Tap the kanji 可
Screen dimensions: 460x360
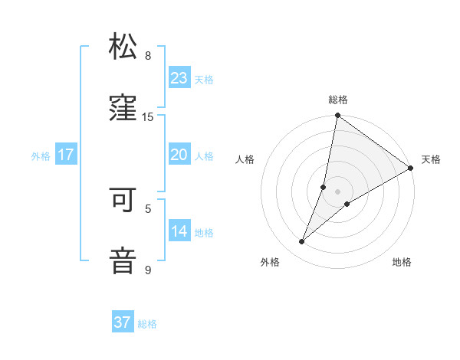tap(123, 198)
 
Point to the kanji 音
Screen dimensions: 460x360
tap(123, 260)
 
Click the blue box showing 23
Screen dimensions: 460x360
tap(179, 78)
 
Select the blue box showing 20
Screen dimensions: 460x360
tap(179, 155)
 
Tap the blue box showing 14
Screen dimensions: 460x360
tap(179, 231)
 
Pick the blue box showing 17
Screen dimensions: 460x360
tap(66, 155)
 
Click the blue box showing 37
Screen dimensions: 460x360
tap(123, 323)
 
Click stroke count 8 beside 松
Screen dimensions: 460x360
tap(148, 56)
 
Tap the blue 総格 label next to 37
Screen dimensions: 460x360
tap(147, 324)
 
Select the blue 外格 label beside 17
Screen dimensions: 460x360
tap(41, 156)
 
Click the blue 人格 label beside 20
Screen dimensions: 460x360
tap(204, 156)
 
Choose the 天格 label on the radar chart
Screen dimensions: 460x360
tap(431, 159)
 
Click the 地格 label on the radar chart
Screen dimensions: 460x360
tap(402, 262)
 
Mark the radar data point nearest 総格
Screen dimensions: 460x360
tap(337, 116)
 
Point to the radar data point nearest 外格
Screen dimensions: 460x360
tap(302, 242)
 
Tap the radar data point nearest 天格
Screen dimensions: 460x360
tap(411, 169)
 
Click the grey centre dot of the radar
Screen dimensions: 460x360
tap(337, 191)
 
